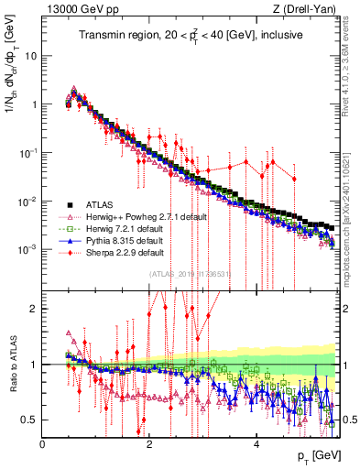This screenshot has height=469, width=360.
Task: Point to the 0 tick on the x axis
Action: click(43, 444)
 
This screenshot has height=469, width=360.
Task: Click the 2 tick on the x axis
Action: click(149, 444)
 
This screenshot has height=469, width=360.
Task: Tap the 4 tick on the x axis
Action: click(256, 444)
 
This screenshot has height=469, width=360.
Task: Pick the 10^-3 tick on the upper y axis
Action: click(27, 250)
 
